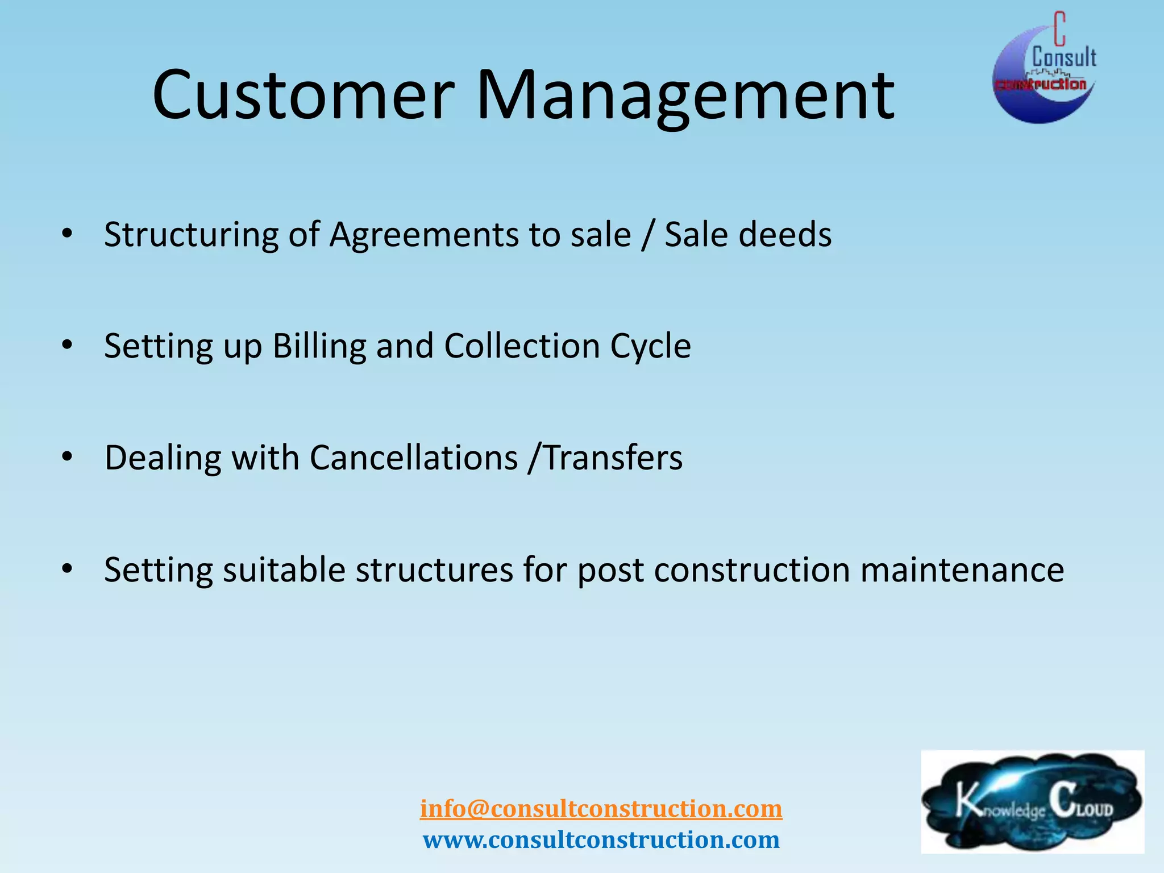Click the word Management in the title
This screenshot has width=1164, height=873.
[685, 95]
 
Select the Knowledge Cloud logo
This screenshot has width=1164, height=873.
[1032, 801]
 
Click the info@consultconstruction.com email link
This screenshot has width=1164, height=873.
[601, 809]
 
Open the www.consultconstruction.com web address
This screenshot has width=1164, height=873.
[601, 840]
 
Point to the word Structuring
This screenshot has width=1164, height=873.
[191, 235]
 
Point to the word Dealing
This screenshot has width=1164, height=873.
[163, 458]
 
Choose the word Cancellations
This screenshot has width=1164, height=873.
[414, 458]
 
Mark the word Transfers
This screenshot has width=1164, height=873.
[613, 458]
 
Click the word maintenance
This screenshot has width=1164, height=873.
[962, 569]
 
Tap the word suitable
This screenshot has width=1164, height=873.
[284, 569]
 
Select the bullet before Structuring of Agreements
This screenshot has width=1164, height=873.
[68, 234]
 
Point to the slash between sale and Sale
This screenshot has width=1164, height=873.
[647, 235]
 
